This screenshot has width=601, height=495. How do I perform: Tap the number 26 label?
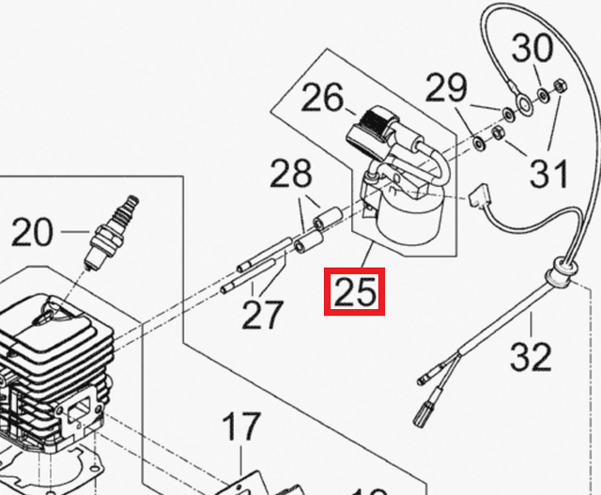(322, 98)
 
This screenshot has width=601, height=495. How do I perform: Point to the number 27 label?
(262, 315)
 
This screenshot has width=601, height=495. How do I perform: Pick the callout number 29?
(445, 89)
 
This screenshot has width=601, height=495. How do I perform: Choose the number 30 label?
(532, 46)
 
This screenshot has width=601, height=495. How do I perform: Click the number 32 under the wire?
(530, 357)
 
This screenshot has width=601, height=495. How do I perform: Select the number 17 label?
(240, 428)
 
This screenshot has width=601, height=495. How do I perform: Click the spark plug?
(113, 230)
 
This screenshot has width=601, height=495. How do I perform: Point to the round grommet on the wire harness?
(561, 271)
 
